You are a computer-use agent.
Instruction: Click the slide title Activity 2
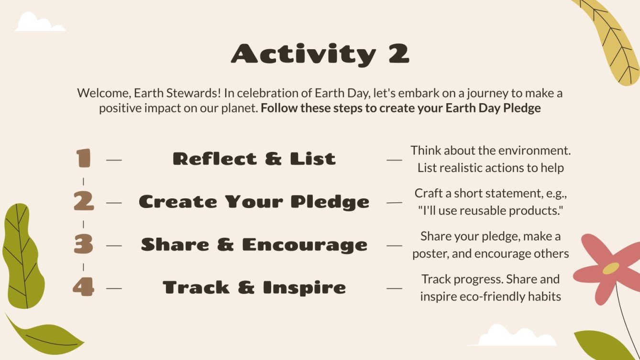coord(320,54)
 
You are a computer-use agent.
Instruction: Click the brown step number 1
coord(83,159)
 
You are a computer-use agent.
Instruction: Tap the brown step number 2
coord(83,202)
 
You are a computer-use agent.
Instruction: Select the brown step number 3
coord(83,245)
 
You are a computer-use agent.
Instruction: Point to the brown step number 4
coord(83,287)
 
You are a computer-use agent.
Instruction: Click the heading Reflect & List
coord(254,159)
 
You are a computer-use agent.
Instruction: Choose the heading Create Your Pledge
coord(254,202)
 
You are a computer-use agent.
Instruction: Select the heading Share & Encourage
coord(254,245)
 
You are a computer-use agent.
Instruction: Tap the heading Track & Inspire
coord(254,288)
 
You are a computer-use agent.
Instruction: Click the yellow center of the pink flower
coord(610,268)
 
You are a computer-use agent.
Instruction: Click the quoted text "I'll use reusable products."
coord(491,211)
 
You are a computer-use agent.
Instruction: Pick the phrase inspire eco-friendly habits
coord(490,296)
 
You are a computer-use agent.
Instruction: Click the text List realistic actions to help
coord(490,168)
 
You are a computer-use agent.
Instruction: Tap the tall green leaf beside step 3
coord(23,256)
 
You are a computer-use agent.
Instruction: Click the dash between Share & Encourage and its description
coord(394,246)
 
